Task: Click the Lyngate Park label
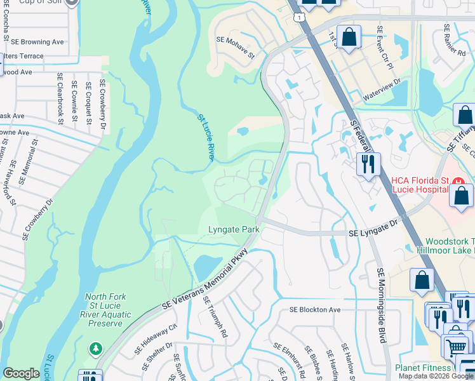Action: pos(232,229)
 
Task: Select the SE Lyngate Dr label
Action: pos(373,234)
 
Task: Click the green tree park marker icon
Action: pos(95,348)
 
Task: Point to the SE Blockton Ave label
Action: pos(315,310)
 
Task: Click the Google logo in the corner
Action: pos(21,373)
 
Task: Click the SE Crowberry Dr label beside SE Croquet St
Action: pos(102,104)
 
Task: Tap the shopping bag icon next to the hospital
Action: pos(461,196)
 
